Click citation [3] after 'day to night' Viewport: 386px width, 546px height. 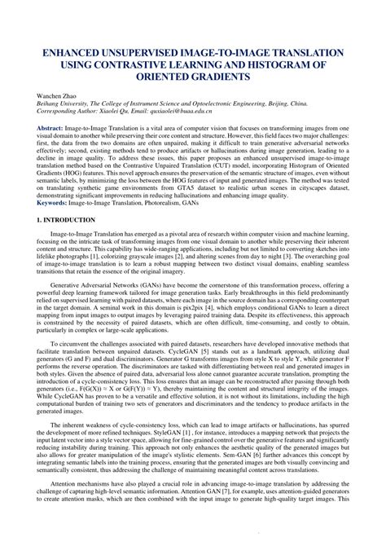point(293,257)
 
